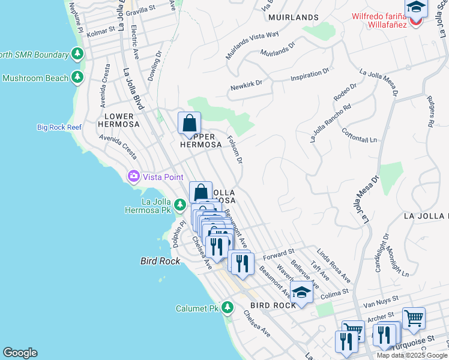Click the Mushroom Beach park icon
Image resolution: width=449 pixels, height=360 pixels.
click(x=77, y=77)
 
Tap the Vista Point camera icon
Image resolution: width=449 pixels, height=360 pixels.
click(x=133, y=176)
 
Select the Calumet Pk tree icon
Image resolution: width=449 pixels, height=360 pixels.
click(x=227, y=308)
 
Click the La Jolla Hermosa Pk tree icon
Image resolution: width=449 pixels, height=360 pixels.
click(x=179, y=206)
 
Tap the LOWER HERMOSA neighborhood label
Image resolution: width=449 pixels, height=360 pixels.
click(x=122, y=120)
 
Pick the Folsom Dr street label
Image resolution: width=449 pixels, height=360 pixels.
click(x=235, y=149)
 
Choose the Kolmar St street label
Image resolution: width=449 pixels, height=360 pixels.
click(x=100, y=31)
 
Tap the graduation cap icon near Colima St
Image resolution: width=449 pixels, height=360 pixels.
click(x=301, y=293)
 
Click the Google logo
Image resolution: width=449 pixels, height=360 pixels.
click(x=20, y=353)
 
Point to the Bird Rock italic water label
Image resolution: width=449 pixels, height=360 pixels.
click(x=157, y=262)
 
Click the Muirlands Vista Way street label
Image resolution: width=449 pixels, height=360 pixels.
click(x=252, y=46)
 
